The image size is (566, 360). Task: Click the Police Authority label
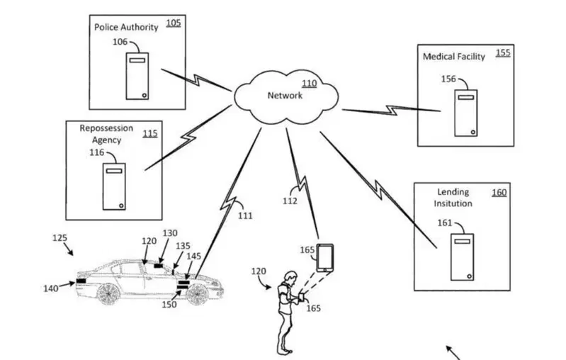pos(126,28)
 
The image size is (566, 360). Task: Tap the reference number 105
pos(174,23)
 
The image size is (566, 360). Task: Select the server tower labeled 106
pos(137,77)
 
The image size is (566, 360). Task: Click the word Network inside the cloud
pos(285,96)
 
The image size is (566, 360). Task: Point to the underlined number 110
pos(310,84)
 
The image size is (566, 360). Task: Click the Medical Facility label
pos(454,57)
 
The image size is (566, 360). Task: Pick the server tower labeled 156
pos(465,113)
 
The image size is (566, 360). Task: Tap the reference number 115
pos(150,134)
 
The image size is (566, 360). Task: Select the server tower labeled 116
pos(114,186)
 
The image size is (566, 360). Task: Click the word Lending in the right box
pos(453,192)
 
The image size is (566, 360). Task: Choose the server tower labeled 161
pos(462,257)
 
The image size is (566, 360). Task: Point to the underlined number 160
pos(499,193)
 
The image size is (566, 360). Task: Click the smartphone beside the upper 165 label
pos(325,258)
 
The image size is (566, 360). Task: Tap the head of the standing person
pos(290,278)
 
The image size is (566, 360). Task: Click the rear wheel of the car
pos(108,293)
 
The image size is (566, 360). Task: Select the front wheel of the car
pos(197,293)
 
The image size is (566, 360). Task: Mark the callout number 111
pos(245,216)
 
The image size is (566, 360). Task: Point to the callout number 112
pos(290,201)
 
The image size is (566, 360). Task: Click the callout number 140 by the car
pos(51,288)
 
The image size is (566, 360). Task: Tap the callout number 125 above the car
pos(60,238)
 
